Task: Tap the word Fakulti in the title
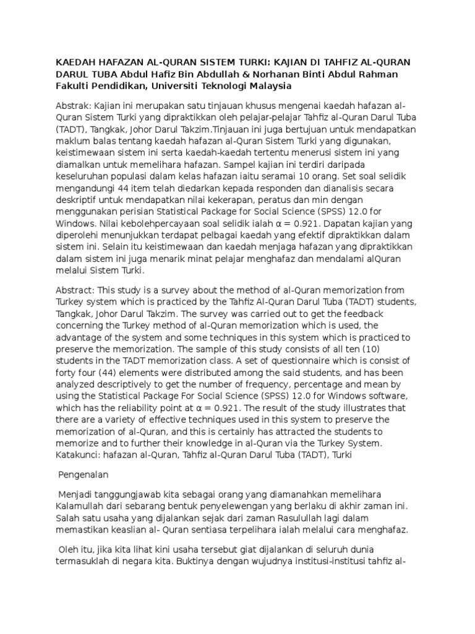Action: point(75,85)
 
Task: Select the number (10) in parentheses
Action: point(66,349)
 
